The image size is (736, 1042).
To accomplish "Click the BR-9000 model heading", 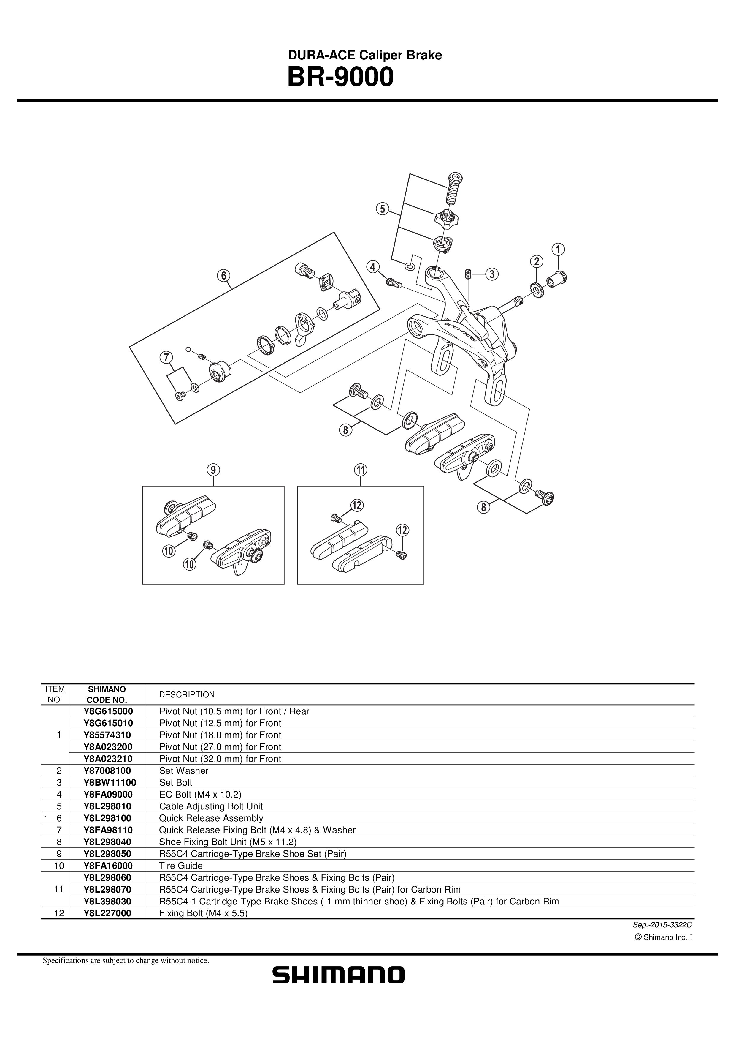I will coord(341,77).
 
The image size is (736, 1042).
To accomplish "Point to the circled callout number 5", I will coord(382,209).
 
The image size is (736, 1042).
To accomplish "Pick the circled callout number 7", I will coord(166,358).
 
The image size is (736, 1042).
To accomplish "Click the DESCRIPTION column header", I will coord(187,694).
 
